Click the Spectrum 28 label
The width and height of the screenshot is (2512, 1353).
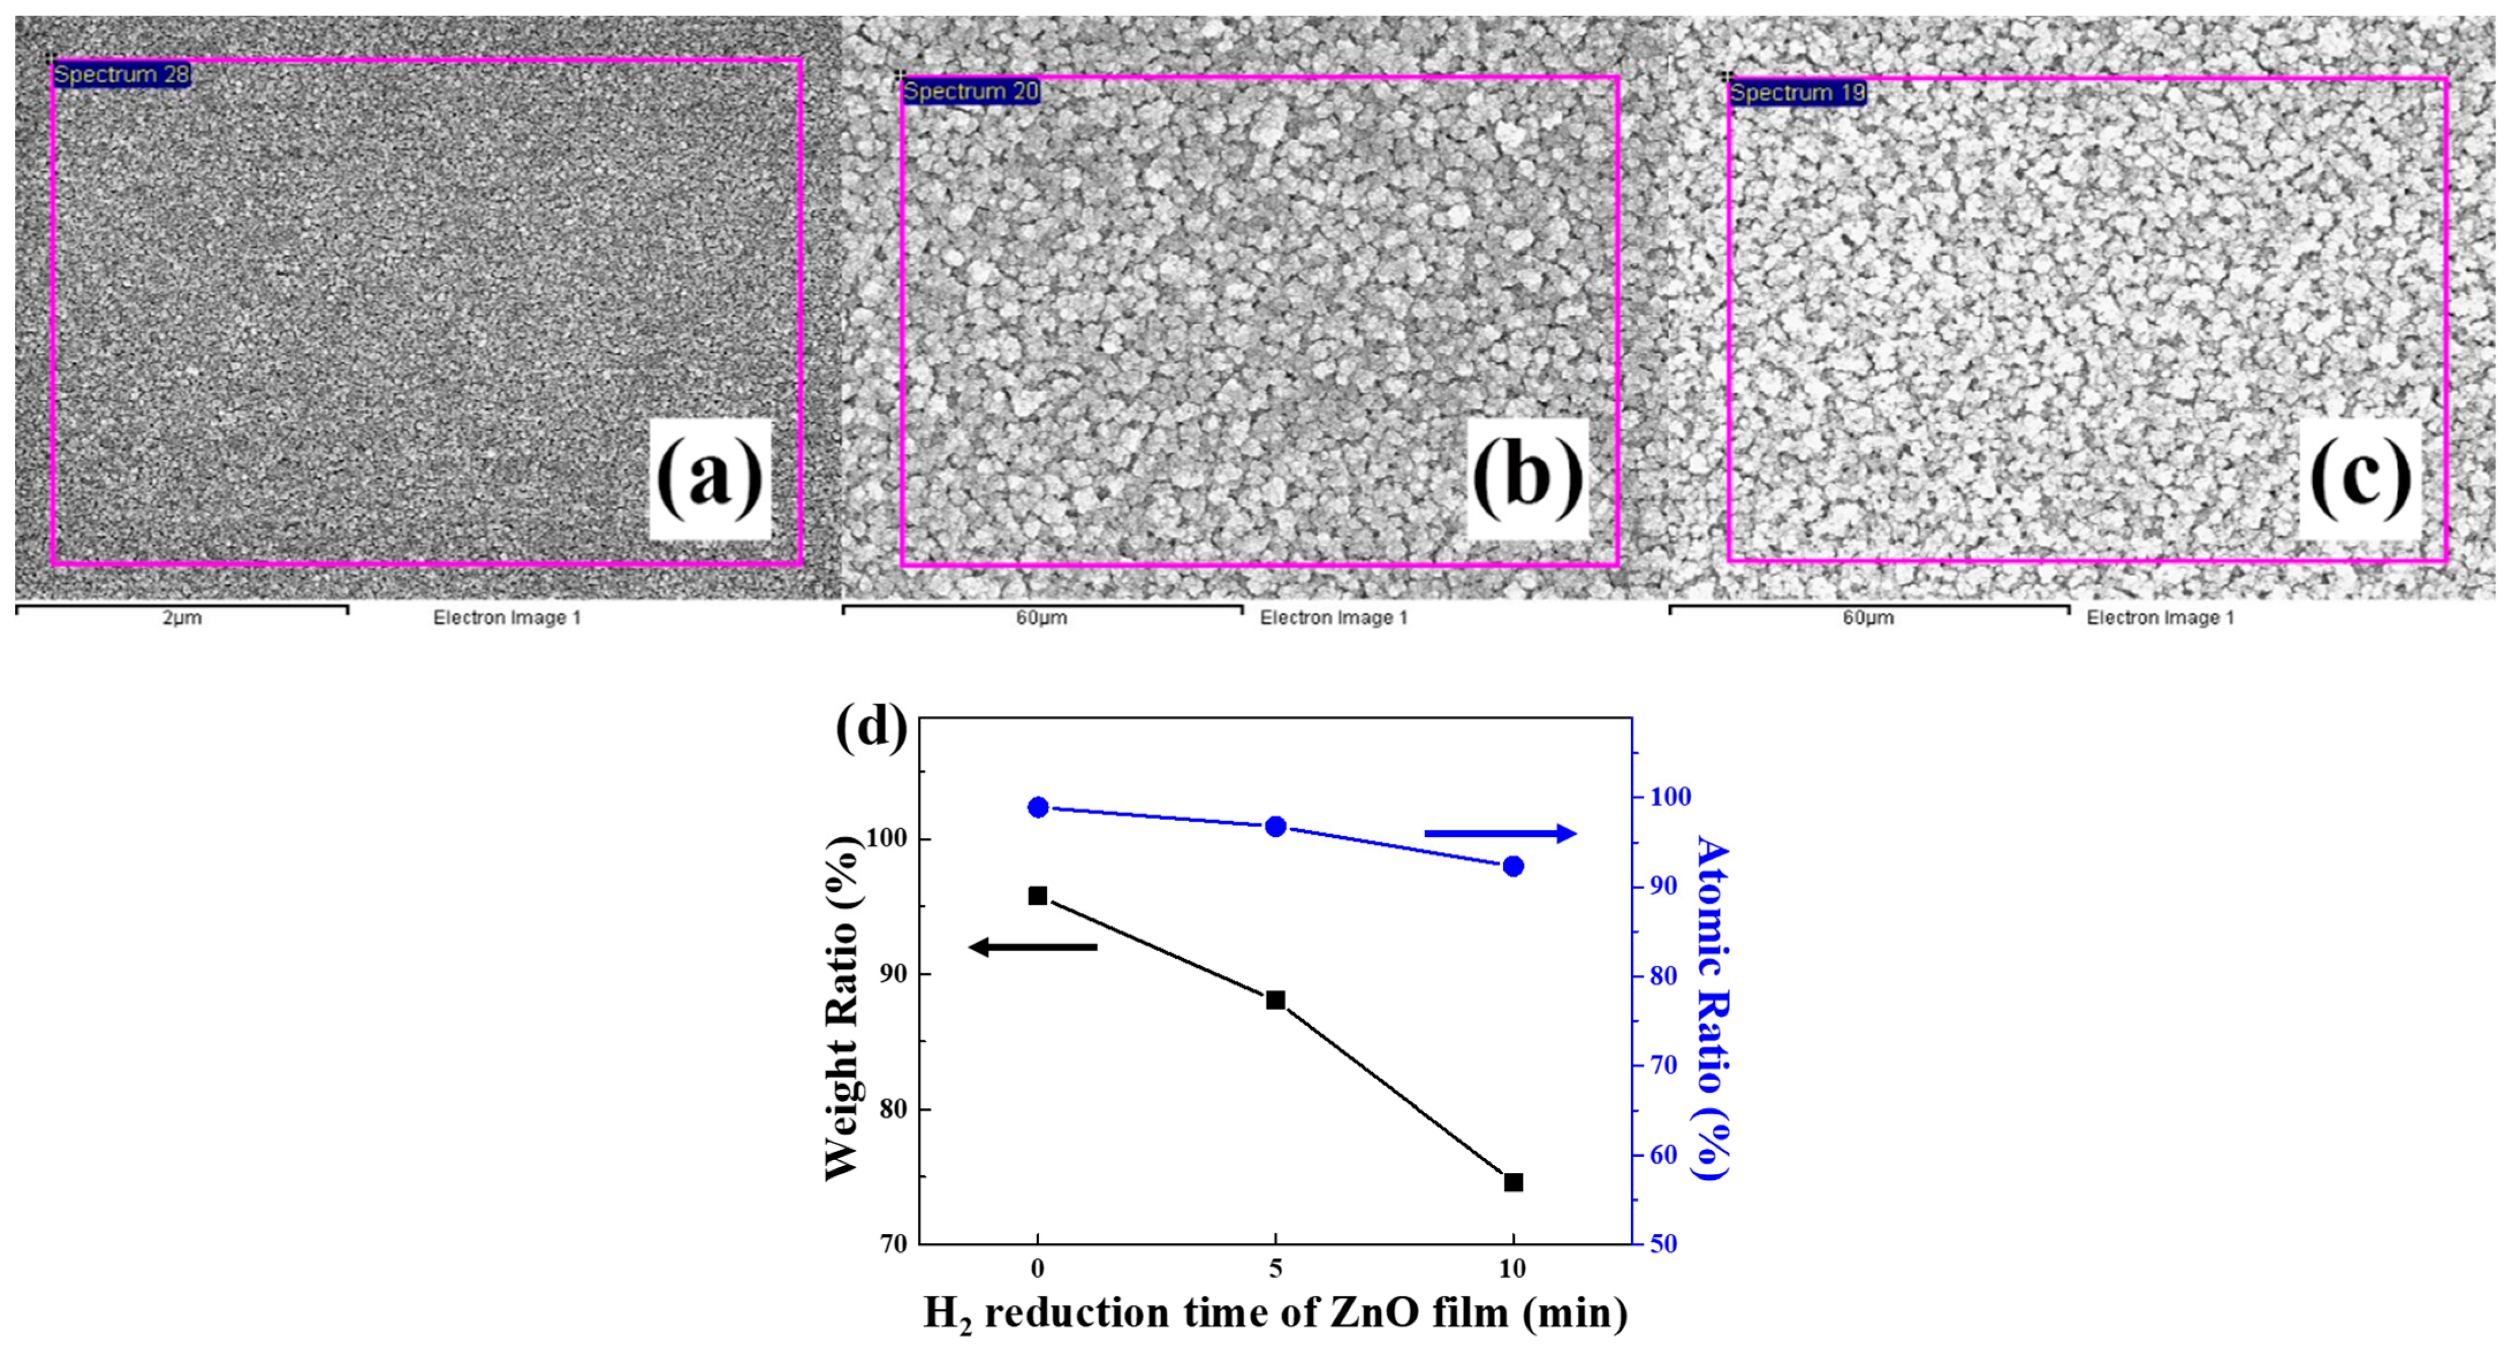point(121,75)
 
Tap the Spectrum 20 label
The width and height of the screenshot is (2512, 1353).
point(970,92)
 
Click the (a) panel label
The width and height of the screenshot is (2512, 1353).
point(710,479)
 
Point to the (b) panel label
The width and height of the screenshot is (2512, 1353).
point(1527,479)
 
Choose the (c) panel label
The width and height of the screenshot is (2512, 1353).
point(2360,479)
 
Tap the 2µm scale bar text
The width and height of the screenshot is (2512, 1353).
point(183,618)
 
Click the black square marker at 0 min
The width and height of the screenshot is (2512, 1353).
point(1038,896)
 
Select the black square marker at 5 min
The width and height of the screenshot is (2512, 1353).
point(1275,1000)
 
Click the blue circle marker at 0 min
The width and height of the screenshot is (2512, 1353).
point(1038,807)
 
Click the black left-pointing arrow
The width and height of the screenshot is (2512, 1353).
point(1033,947)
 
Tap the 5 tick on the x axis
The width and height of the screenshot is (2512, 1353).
point(1275,1269)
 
